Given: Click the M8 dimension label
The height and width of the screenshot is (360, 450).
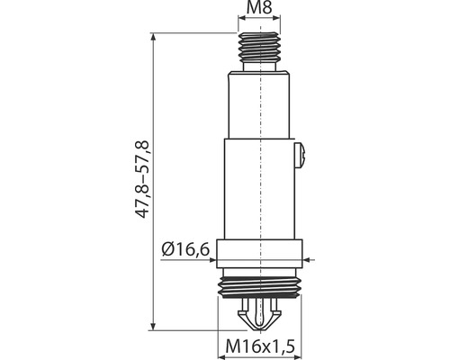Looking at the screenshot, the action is point(259,8).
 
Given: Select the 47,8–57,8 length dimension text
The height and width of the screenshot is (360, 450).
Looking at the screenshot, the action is point(141,179).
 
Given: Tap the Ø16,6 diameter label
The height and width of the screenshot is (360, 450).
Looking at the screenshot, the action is point(185,249).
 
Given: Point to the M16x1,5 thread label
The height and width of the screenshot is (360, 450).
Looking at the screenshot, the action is point(260,346).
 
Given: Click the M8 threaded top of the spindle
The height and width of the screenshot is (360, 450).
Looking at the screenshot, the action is point(259,45).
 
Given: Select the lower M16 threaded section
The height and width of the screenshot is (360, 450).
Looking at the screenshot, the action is point(259,287).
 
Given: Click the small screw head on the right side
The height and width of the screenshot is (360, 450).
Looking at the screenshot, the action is point(301,156).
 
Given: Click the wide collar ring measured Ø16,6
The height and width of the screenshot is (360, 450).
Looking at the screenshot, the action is point(259,254).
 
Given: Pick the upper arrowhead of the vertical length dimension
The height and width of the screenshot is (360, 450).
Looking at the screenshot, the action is point(153,37).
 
